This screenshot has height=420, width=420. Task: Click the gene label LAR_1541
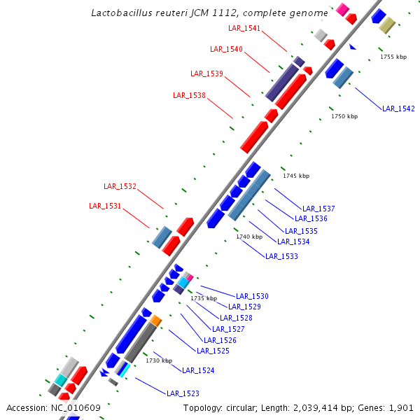tap(244, 28)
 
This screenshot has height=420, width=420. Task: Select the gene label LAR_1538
tap(189, 95)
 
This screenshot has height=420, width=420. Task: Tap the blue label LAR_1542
tap(398, 108)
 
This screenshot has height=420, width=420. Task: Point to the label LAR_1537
tap(318, 209)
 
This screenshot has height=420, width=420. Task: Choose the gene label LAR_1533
tap(281, 256)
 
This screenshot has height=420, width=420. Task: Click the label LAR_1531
tap(105, 206)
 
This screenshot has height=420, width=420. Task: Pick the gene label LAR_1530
tap(252, 296)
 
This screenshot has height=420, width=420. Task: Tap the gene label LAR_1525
tap(213, 351)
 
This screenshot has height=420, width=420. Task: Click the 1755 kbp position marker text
tap(393, 57)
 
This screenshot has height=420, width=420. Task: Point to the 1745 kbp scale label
tap(295, 176)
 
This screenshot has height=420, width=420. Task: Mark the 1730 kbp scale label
tap(158, 360)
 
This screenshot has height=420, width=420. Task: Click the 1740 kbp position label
tap(248, 237)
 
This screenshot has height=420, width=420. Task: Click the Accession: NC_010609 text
tap(53, 407)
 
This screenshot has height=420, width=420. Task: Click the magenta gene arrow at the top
tap(342, 9)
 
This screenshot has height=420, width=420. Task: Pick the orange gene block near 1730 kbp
tap(156, 321)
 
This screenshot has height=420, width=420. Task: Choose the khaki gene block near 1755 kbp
tap(387, 26)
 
